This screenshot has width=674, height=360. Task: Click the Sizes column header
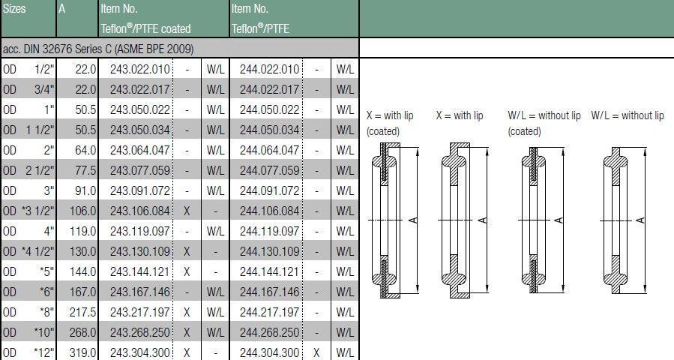14,8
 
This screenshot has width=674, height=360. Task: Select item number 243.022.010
140,69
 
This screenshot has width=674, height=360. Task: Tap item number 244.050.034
269,130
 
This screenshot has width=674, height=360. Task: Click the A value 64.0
85,150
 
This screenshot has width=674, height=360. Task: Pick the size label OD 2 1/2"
28,170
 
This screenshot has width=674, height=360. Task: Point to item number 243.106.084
140,211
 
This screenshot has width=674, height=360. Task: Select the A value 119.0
83,232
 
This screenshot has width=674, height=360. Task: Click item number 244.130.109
269,251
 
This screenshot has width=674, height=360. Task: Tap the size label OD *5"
28,271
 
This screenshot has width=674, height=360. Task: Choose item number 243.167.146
140,292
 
